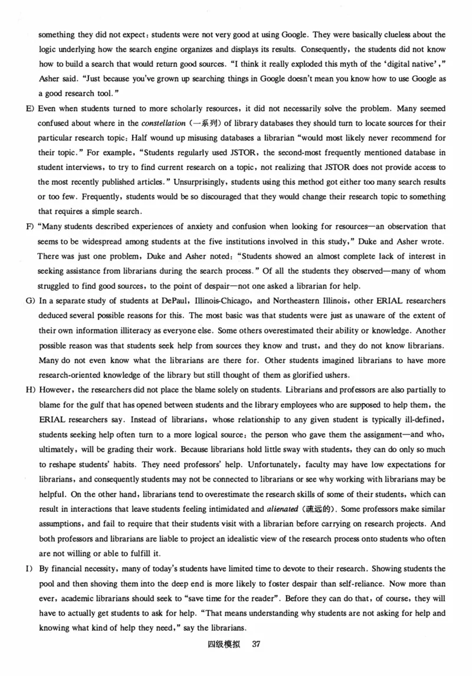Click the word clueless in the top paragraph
coord(363,34)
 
